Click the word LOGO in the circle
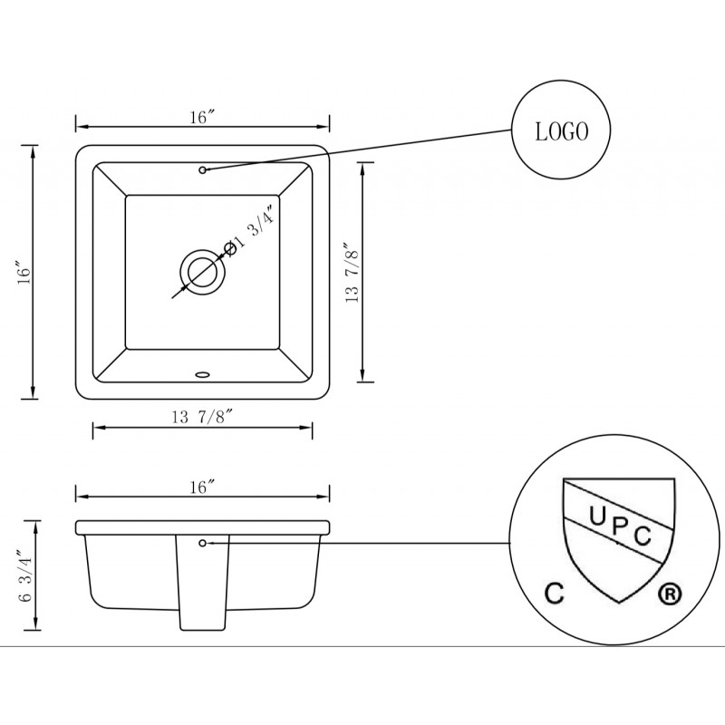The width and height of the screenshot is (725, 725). (x=561, y=131)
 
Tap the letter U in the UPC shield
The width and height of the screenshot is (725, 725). (x=597, y=516)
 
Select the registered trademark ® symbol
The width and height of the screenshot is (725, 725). (x=669, y=594)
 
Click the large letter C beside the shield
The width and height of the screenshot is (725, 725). (x=555, y=594)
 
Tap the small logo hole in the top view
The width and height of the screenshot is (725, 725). (x=202, y=170)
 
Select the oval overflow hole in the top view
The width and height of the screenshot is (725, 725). (x=202, y=373)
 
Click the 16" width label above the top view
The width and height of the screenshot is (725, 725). (x=202, y=118)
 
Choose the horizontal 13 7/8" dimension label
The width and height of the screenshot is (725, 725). (x=201, y=417)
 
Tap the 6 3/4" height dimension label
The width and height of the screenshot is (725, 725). (x=25, y=575)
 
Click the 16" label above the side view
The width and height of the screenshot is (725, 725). (x=202, y=488)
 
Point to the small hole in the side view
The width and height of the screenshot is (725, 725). (x=202, y=543)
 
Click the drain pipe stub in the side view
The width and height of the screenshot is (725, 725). (x=202, y=583)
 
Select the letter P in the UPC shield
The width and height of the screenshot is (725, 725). (x=620, y=527)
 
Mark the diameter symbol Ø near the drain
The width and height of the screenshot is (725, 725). (x=230, y=248)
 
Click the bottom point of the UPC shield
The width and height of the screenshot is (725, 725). (x=619, y=603)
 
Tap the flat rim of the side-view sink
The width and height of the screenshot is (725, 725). (x=202, y=527)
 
